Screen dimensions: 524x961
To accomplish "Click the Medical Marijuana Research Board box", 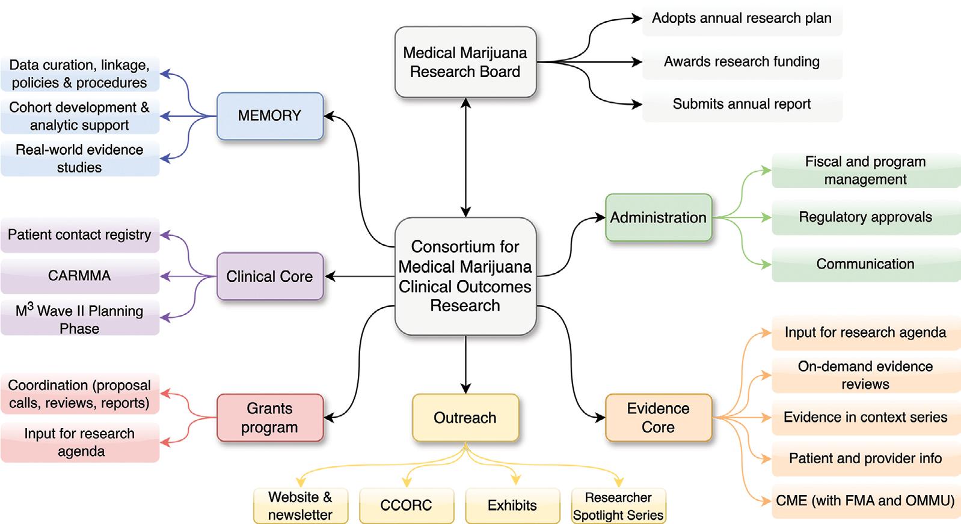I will pyautogui.click(x=465, y=62).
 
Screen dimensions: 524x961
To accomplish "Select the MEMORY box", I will pyautogui.click(x=269, y=115).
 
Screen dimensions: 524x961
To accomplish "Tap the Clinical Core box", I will pyautogui.click(x=269, y=276).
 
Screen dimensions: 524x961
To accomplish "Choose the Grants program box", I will pyautogui.click(x=269, y=418).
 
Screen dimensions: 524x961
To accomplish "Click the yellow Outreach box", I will pyautogui.click(x=465, y=418).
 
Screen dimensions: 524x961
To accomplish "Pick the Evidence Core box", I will pyautogui.click(x=658, y=418).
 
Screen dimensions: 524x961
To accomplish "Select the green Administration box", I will pyautogui.click(x=658, y=218).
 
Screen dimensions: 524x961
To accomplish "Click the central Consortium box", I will pyautogui.click(x=465, y=276).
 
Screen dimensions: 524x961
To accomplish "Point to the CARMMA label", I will pyautogui.click(x=79, y=276).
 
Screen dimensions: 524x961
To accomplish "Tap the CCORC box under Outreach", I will pyautogui.click(x=406, y=505).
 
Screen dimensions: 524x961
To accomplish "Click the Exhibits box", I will pyautogui.click(x=512, y=505).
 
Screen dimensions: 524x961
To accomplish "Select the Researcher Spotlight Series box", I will pyautogui.click(x=618, y=506).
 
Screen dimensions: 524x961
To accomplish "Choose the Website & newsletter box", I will pyautogui.click(x=300, y=506).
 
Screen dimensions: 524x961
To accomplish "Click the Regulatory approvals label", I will pyautogui.click(x=865, y=217).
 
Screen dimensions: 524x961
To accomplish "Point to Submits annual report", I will pyautogui.click(x=741, y=104).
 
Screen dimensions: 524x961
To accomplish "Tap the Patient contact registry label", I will pyautogui.click(x=79, y=234).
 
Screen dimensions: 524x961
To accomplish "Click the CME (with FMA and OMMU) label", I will pyautogui.click(x=865, y=501).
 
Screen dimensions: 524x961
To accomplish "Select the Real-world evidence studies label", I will pyautogui.click(x=79, y=159).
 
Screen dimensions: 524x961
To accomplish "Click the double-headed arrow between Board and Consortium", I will pyautogui.click(x=465, y=157).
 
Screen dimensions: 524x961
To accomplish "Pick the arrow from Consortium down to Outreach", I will pyautogui.click(x=465, y=364).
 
